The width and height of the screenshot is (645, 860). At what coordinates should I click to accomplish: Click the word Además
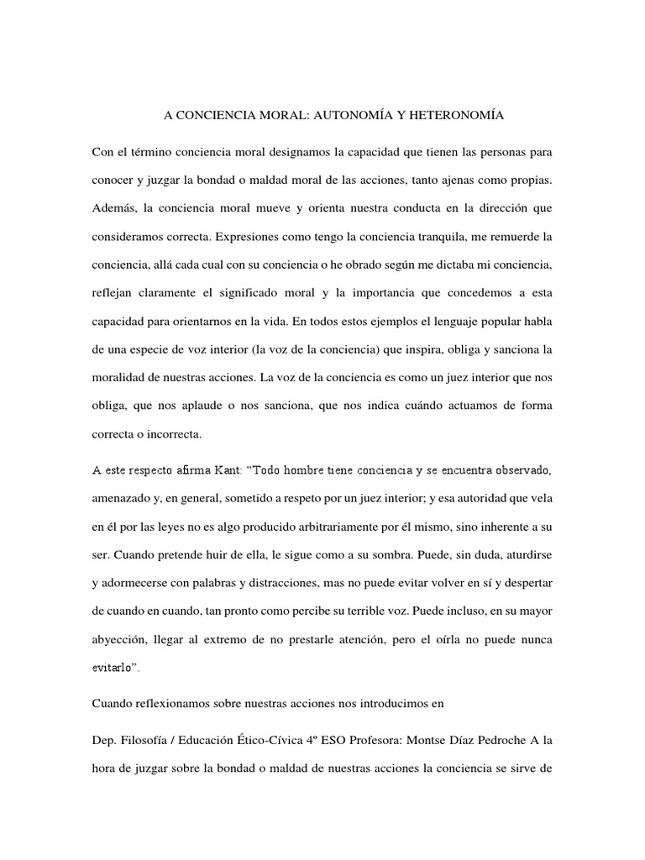pos(115,207)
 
